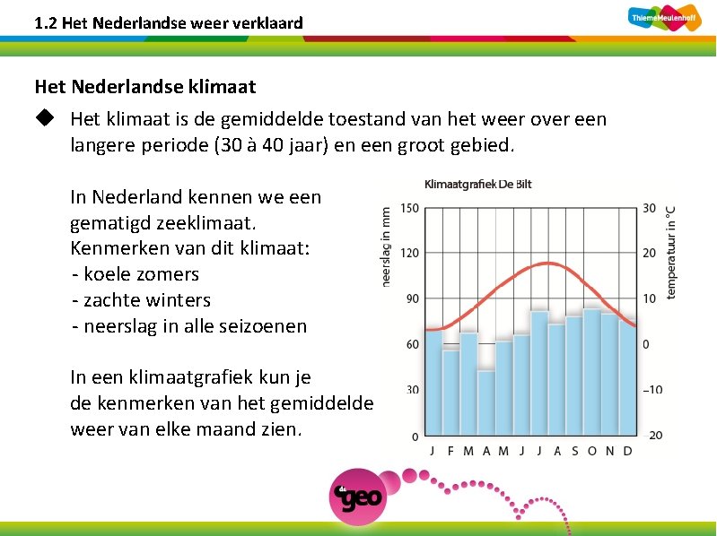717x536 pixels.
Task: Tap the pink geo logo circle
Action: pyautogui.click(x=358, y=495)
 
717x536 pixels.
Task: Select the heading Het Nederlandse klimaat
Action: pyautogui.click(x=145, y=87)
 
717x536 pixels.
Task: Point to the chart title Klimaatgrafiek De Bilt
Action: pyautogui.click(x=477, y=185)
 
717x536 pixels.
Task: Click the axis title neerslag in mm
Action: pyautogui.click(x=386, y=247)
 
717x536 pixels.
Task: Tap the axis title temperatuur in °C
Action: pyautogui.click(x=671, y=251)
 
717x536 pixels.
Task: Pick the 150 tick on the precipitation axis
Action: pyautogui.click(x=409, y=208)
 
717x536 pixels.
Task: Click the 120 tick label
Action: pyautogui.click(x=409, y=254)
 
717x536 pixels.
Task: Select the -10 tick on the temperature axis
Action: pyautogui.click(x=652, y=390)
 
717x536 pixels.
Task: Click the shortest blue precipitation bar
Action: pyautogui.click(x=485, y=402)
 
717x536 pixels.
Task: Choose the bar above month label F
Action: pyautogui.click(x=450, y=392)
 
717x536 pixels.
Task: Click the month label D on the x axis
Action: pyautogui.click(x=627, y=451)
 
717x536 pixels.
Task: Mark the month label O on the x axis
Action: pyautogui.click(x=591, y=451)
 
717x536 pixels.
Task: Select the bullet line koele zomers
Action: pyautogui.click(x=136, y=274)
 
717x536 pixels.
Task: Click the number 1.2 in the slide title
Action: pyautogui.click(x=46, y=22)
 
